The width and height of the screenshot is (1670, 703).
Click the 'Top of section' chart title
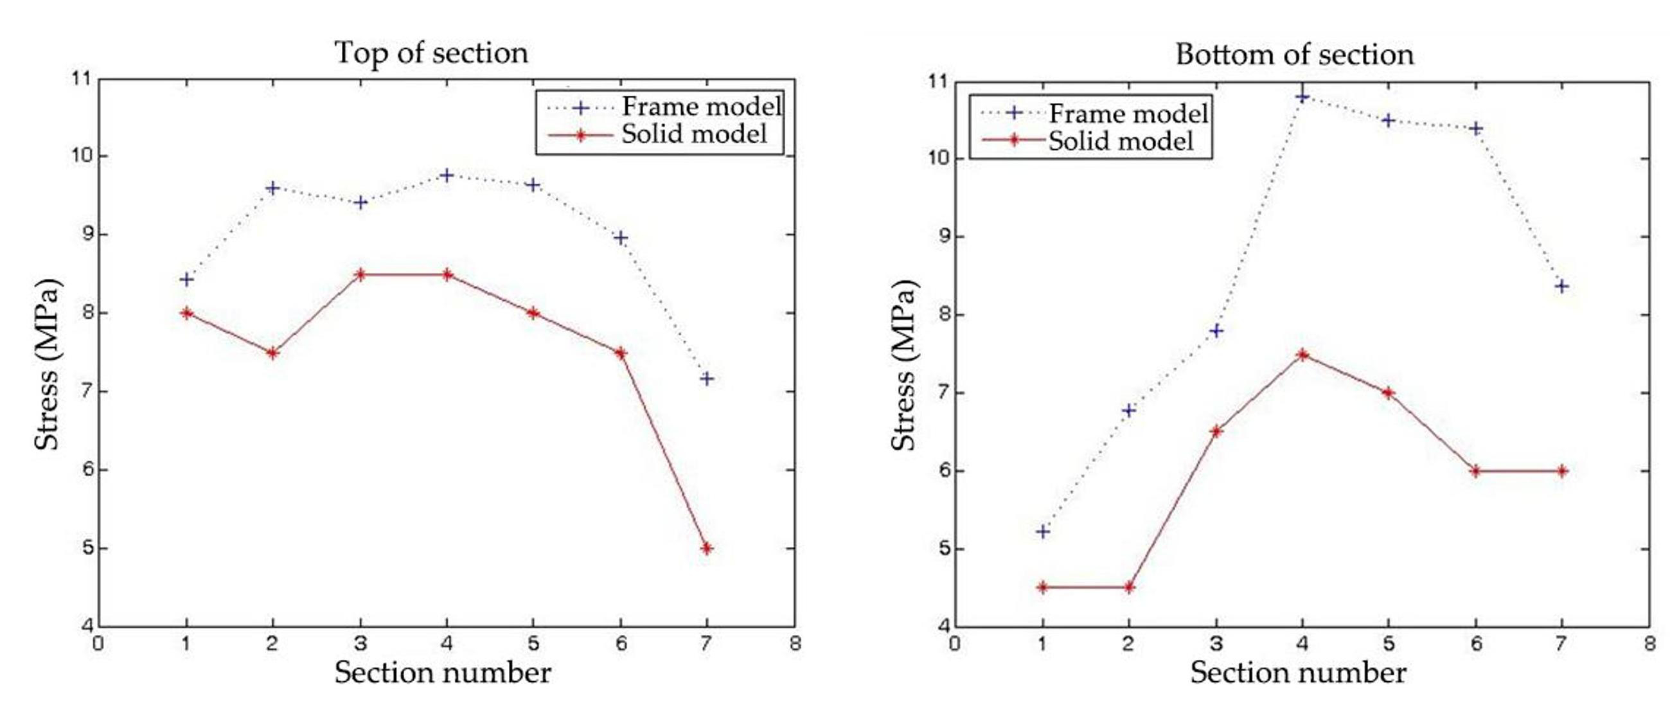431,53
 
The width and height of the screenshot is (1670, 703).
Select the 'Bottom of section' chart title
1294,55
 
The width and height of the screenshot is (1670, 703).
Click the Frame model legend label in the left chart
702,106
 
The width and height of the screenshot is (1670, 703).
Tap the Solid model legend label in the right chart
1121,141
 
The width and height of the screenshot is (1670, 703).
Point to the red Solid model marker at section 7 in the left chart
707,549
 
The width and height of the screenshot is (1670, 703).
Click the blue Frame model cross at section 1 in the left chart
187,280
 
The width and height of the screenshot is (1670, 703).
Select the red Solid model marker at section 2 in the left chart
273,353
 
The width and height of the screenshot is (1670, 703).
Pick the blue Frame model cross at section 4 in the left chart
447,175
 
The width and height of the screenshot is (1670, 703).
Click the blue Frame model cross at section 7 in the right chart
1563,286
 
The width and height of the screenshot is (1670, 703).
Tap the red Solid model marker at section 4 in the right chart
1302,355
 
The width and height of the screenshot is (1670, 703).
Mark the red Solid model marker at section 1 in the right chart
1042,587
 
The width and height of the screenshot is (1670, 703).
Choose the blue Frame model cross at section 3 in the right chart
1216,331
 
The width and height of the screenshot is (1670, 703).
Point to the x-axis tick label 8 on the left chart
795,644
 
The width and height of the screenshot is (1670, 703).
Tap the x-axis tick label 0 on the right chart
955,645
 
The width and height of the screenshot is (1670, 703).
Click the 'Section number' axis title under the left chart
443,673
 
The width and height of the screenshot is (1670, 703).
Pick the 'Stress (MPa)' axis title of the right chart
903,365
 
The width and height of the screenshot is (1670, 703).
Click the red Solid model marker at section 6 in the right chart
1476,471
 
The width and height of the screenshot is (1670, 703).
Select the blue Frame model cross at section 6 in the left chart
621,238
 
